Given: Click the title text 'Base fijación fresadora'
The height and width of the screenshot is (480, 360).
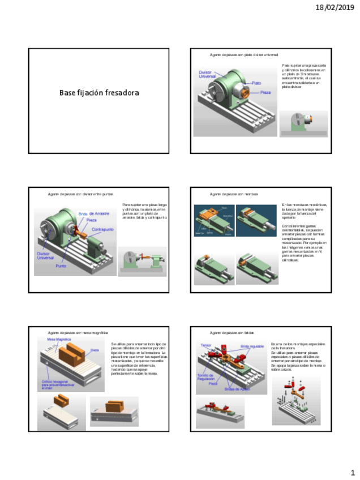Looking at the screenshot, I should [99, 92].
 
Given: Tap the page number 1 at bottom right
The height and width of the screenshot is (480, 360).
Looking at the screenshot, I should [352, 472].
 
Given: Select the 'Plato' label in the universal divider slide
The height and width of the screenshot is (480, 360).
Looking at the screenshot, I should [256, 83].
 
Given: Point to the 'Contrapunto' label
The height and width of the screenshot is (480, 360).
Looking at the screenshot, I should [103, 229].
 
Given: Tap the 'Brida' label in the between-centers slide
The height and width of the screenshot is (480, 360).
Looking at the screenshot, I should [83, 214].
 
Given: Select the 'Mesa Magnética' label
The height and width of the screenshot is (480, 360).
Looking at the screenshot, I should [58, 339].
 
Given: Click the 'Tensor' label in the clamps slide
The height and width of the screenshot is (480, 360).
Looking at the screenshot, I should [205, 345].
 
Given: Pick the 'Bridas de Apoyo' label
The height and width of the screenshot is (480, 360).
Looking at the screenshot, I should [237, 389].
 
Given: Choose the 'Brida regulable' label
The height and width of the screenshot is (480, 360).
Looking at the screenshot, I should [252, 345].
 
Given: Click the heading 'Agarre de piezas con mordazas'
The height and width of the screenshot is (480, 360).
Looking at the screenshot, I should [234, 194].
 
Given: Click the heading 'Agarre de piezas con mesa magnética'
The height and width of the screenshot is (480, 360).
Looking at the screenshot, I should [78, 333].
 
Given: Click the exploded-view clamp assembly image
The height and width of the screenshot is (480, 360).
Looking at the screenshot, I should [295, 401].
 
